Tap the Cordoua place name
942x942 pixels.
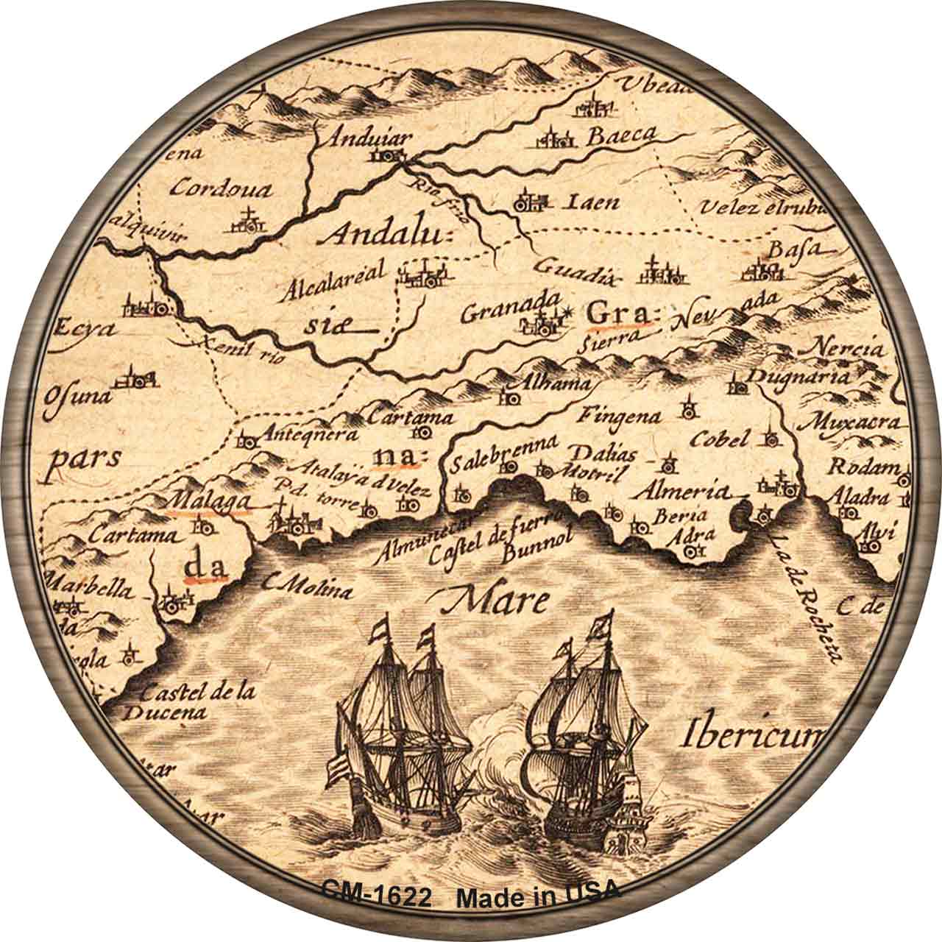(220, 189)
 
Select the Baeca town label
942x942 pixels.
(620, 135)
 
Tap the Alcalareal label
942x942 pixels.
(338, 283)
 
